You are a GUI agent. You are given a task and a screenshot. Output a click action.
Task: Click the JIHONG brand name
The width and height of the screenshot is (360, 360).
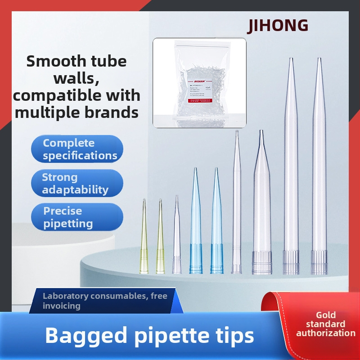[x=278, y=25]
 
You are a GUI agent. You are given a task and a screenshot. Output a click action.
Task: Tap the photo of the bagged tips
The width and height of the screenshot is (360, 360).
[x=199, y=82]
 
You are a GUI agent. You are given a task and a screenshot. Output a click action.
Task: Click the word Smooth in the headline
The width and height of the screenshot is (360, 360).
[x=49, y=61]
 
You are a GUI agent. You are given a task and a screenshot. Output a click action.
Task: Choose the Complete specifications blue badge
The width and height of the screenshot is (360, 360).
[x=77, y=149]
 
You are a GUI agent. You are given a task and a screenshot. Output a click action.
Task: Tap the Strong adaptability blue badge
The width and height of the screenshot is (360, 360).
[x=77, y=184]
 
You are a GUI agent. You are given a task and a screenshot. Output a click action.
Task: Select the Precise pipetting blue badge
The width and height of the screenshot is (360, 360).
[x=77, y=217]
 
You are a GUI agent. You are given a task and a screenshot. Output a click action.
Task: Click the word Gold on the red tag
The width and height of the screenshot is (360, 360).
[x=325, y=315]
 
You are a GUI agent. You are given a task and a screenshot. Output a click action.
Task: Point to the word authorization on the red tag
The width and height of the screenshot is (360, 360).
[x=325, y=333]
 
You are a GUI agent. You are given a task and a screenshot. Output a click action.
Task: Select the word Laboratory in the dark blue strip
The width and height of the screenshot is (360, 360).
[x=65, y=296]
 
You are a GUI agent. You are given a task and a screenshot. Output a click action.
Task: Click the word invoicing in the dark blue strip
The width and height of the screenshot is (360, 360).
[x=62, y=306]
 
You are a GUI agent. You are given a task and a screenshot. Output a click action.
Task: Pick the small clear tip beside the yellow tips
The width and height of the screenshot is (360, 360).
[x=176, y=238]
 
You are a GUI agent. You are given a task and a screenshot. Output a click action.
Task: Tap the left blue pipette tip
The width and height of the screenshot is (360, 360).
[x=196, y=225]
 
